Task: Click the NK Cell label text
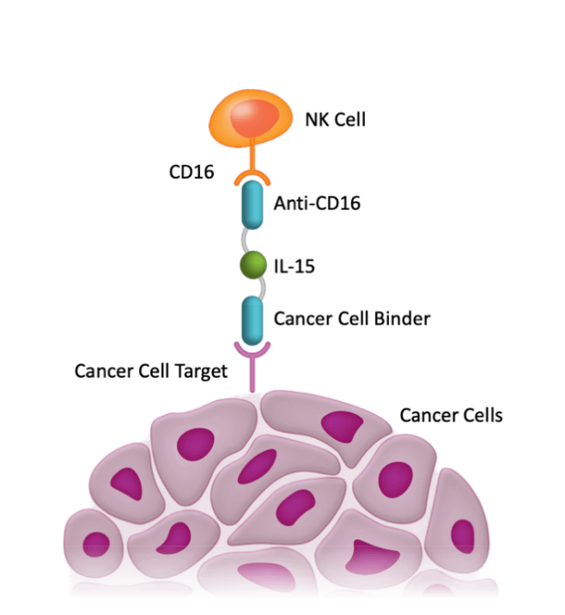pos(335,119)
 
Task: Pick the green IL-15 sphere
pos(252,265)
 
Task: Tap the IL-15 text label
pos(294,266)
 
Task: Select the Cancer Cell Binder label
pos(351,319)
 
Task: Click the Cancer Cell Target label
pos(151,371)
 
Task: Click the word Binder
pos(403,319)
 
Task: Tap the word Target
pos(203,371)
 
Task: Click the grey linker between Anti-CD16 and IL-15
pos(250,240)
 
